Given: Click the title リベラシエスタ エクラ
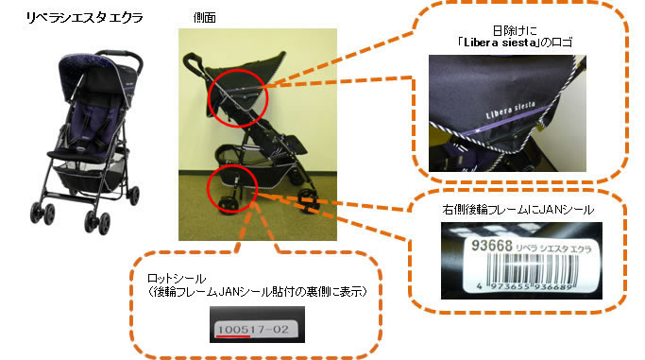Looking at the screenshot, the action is (84, 18).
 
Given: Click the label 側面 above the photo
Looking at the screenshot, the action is (204, 18).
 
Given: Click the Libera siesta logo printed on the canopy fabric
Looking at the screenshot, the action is (510, 110).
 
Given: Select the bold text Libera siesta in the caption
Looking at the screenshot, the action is (501, 43).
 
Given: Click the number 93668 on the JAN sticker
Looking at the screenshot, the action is (492, 246).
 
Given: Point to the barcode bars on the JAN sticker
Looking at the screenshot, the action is (532, 267).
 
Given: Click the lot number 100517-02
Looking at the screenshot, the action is (253, 329).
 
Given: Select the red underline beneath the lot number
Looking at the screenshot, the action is (233, 336).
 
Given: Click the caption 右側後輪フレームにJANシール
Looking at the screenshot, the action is (518, 210).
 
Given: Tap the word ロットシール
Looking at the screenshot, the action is (177, 279).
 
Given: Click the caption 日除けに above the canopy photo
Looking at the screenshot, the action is (514, 30).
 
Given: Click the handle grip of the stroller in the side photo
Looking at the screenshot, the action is (193, 62).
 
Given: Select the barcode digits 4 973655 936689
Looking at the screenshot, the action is (525, 286).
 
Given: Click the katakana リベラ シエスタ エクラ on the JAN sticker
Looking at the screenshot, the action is (553, 249).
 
